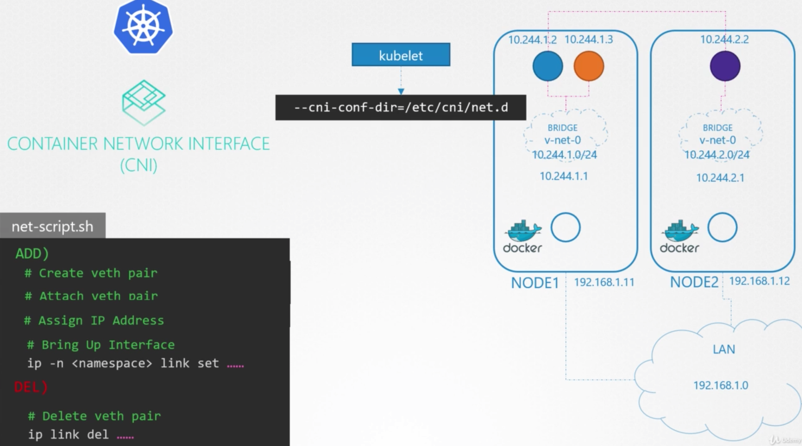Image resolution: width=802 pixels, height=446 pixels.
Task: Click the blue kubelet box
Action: (x=401, y=55)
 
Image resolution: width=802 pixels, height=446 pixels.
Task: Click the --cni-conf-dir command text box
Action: (x=401, y=107)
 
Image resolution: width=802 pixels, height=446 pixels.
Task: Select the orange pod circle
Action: (x=589, y=66)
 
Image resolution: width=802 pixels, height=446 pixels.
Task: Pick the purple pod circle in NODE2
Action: (x=725, y=66)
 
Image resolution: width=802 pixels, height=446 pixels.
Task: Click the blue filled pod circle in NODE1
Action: (x=548, y=66)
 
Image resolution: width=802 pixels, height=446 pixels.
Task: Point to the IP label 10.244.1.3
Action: (x=589, y=40)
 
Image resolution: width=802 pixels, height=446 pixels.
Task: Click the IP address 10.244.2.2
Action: (x=724, y=40)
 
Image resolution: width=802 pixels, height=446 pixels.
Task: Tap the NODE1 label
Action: (x=535, y=283)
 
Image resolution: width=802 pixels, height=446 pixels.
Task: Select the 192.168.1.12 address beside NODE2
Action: (x=760, y=281)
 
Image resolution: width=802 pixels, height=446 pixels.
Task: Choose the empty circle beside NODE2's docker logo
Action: (x=722, y=227)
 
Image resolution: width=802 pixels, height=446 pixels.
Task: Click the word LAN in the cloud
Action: (x=724, y=349)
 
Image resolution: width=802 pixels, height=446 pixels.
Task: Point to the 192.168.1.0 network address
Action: (x=721, y=385)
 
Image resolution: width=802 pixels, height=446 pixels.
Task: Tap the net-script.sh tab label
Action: (x=53, y=226)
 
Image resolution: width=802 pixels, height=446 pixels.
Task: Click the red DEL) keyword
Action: (x=31, y=387)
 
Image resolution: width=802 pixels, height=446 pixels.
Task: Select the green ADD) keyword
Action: (x=32, y=253)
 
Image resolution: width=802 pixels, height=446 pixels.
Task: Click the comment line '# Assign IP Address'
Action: (x=94, y=321)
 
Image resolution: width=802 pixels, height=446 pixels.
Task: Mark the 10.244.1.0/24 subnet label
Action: (x=564, y=155)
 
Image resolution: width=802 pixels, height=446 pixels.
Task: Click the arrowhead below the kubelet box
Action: (x=401, y=92)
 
